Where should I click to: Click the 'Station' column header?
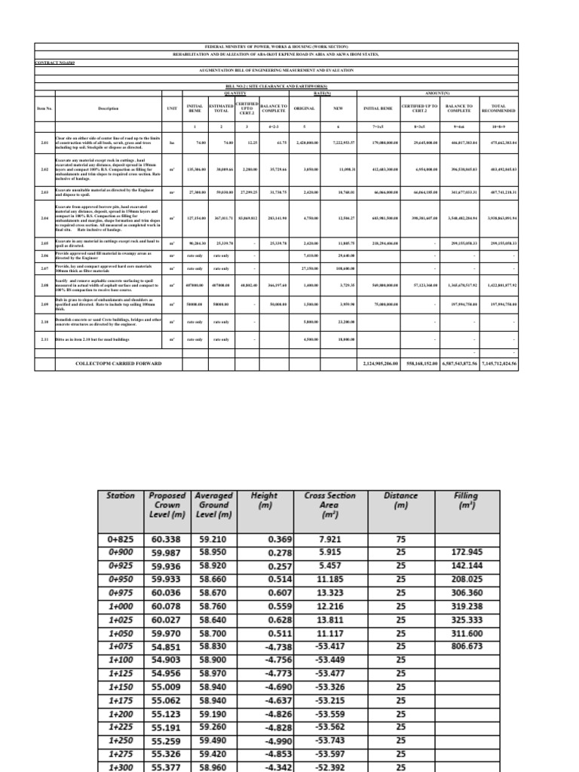121,496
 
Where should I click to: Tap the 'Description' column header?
109,109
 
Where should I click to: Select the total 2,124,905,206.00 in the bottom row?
375,363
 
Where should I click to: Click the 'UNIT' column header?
171,109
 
